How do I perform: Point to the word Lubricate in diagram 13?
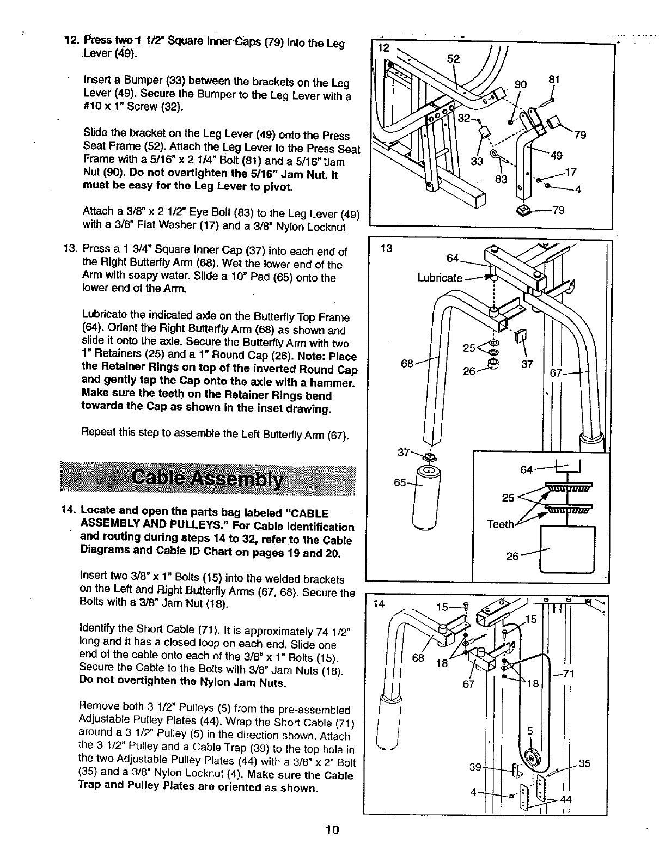tap(440, 278)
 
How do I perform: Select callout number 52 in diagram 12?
tap(453, 59)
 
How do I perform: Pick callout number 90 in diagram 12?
tap(521, 84)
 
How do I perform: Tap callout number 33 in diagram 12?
tap(477, 161)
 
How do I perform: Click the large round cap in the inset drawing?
tap(567, 549)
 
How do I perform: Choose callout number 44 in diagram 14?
tap(566, 799)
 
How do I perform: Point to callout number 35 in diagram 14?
tap(584, 763)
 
